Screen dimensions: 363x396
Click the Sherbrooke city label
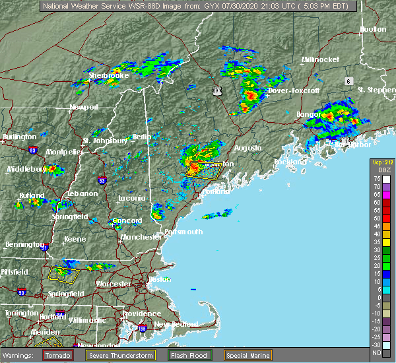pos(108,75)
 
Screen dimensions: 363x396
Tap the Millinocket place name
pos(320,59)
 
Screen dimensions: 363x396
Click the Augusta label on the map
pos(247,148)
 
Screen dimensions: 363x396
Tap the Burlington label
pos(19,137)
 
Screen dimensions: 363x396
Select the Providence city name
pos(141,313)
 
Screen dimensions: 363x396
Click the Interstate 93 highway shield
pos(101,180)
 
